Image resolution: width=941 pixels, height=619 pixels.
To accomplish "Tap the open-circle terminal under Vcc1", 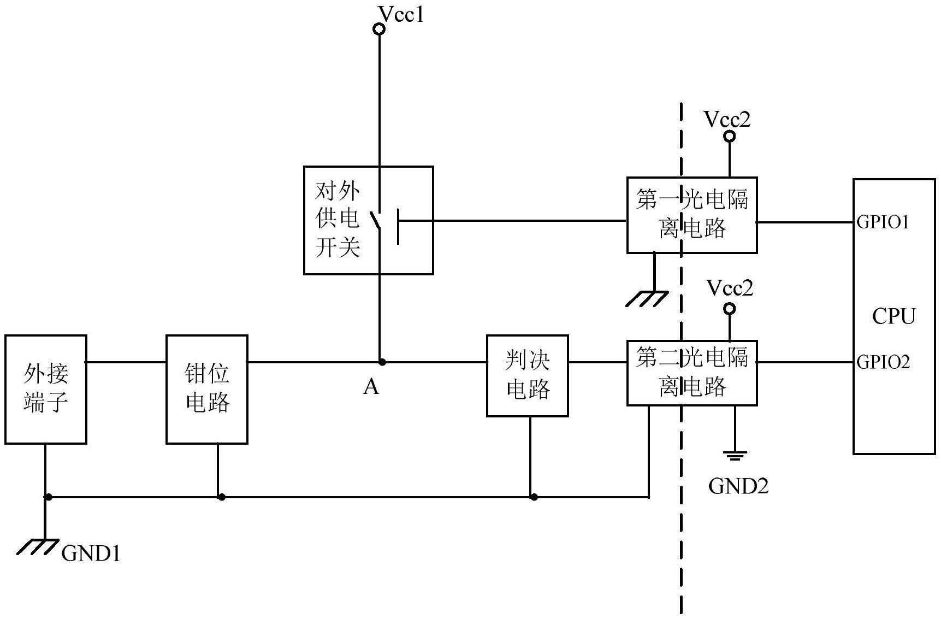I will [x=378, y=28].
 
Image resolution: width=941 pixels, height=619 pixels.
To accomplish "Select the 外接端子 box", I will [x=46, y=389].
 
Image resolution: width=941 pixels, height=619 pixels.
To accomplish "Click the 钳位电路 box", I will [x=207, y=389].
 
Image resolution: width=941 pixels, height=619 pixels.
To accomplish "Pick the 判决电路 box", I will [x=528, y=376].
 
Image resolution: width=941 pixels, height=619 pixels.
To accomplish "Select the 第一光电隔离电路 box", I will [x=691, y=215].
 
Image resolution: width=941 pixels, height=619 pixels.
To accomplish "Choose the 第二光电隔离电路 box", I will [x=691, y=373].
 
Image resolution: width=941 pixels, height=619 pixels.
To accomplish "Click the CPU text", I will [x=893, y=316].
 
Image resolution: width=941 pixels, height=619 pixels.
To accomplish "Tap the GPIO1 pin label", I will [x=883, y=222].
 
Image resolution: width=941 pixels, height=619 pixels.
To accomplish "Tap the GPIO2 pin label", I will [x=883, y=362].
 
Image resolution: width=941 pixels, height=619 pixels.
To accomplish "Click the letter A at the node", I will [x=371, y=387].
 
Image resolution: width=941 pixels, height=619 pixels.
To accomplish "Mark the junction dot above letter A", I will [x=382, y=362].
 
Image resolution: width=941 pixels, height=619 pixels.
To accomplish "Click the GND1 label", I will [x=91, y=554].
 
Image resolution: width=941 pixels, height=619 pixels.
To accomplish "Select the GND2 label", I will [x=738, y=486].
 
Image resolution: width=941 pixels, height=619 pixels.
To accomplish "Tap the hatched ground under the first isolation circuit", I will [x=647, y=299].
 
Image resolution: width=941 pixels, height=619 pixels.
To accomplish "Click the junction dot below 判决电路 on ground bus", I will [x=534, y=497].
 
